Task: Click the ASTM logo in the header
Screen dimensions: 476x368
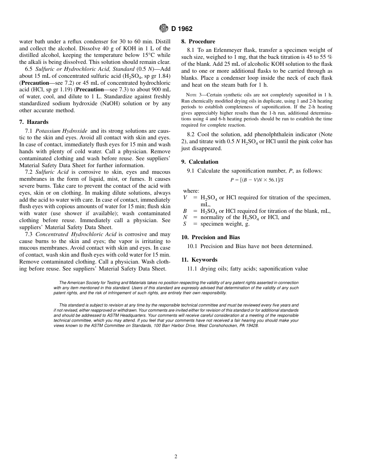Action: [163, 28]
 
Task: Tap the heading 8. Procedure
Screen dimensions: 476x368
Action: [198, 41]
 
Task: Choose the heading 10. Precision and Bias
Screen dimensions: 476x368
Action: [210, 237]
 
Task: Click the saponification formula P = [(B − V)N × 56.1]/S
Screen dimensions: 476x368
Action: [257, 180]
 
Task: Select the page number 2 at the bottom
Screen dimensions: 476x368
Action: [176, 457]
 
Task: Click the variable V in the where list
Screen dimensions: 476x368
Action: [185, 198]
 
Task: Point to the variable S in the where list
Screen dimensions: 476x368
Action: [185, 224]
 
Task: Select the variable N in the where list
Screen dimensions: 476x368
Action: [185, 217]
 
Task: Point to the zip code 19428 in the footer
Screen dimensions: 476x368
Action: [252, 326]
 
